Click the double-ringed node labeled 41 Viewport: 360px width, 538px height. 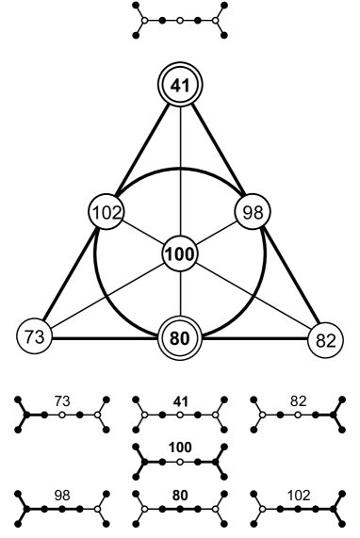(180, 86)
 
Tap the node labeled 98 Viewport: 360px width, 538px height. (253, 212)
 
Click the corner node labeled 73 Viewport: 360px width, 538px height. (33, 336)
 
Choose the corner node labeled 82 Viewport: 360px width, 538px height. (326, 338)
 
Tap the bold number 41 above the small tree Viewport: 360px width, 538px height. (180, 401)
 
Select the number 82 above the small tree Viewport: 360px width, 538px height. (298, 401)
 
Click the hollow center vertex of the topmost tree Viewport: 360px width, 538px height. (180, 19)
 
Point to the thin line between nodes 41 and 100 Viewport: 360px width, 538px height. (180, 170)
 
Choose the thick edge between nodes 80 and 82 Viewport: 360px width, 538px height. (254, 337)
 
